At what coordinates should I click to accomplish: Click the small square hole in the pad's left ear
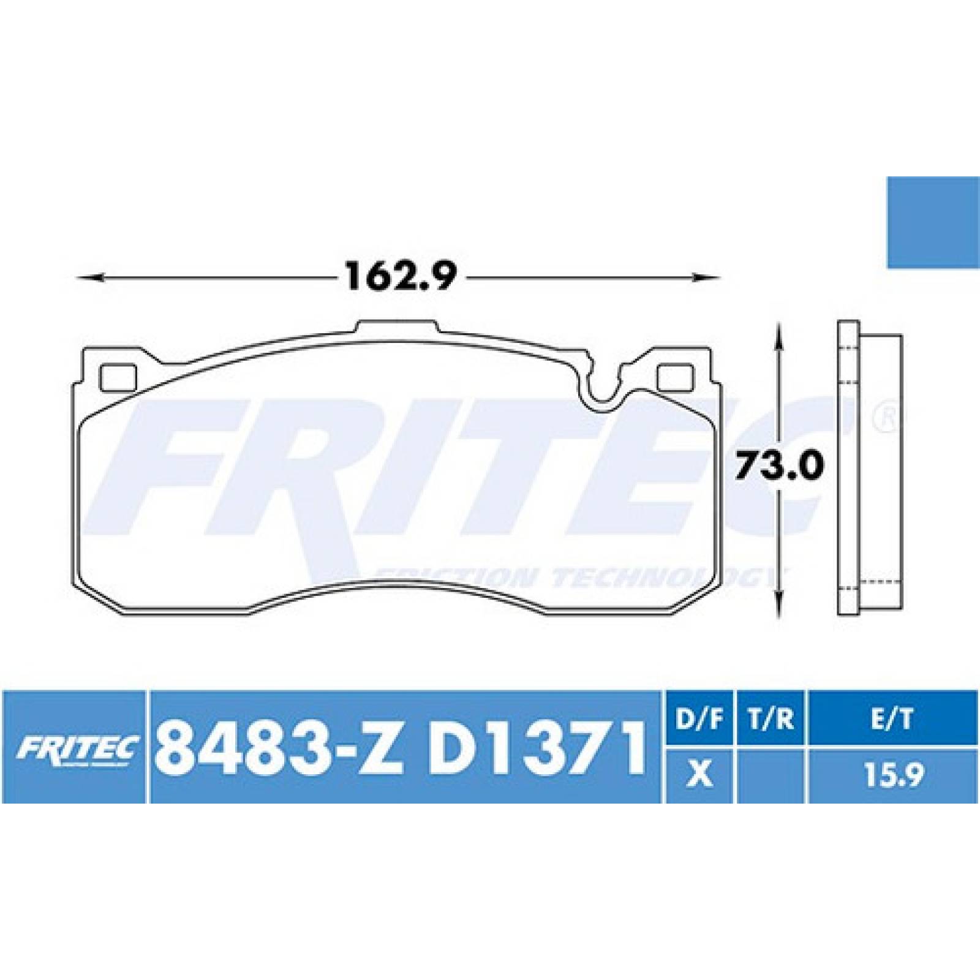tap(118, 377)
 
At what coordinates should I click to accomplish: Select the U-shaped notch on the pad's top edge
tap(603, 386)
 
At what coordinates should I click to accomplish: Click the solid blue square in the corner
tap(933, 222)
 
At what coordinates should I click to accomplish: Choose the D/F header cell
tap(700, 720)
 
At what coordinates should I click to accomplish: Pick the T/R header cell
tap(772, 720)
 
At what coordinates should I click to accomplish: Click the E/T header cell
tap(892, 720)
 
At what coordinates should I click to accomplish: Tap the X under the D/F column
tap(700, 776)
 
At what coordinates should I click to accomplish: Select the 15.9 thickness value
tap(892, 776)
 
